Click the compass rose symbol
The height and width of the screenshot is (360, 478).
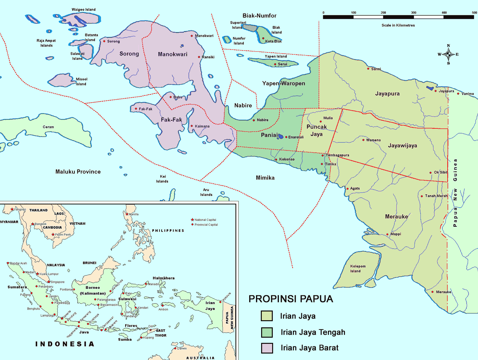[448, 54]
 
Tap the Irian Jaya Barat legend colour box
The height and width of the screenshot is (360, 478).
[267, 348]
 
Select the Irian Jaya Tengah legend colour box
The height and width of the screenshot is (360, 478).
[267, 332]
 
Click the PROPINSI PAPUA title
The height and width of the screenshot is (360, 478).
[291, 299]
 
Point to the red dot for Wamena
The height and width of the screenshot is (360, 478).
[363, 140]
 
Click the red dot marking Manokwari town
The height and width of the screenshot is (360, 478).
[192, 36]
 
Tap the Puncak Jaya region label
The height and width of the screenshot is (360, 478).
[316, 130]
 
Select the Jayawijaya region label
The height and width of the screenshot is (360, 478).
[402, 146]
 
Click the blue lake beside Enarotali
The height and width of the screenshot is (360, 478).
[281, 136]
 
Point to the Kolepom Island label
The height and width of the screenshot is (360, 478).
[358, 269]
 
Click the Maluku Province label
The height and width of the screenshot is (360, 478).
[78, 172]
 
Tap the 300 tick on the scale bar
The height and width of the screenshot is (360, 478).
[414, 13]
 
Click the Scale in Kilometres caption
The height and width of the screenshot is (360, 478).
[398, 25]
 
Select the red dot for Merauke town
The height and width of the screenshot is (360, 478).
[432, 292]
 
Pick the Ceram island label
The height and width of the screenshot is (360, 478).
[48, 127]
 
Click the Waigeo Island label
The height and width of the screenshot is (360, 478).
[83, 10]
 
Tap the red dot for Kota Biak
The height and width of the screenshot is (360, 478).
[263, 38]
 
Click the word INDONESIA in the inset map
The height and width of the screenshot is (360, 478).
[65, 344]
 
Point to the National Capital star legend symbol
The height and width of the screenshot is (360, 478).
[192, 220]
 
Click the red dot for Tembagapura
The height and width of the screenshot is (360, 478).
[323, 156]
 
